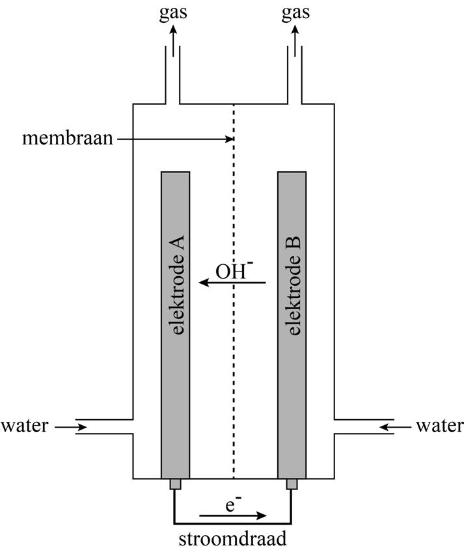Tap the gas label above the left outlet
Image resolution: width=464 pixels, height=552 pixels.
tap(172, 13)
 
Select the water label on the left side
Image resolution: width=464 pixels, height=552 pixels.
tap(24, 426)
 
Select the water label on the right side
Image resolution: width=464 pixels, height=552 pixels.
tap(439, 426)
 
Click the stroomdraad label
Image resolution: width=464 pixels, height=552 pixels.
tap(233, 539)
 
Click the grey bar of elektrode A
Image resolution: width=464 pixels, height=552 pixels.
tap(175, 391)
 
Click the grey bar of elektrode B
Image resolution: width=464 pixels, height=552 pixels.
tap(292, 391)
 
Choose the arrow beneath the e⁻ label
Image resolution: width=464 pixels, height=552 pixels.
tap(232, 516)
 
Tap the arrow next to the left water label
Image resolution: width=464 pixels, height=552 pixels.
tap(71, 427)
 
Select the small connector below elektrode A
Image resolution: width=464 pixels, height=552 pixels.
tap(174, 484)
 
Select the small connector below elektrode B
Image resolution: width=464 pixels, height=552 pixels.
tap(292, 484)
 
